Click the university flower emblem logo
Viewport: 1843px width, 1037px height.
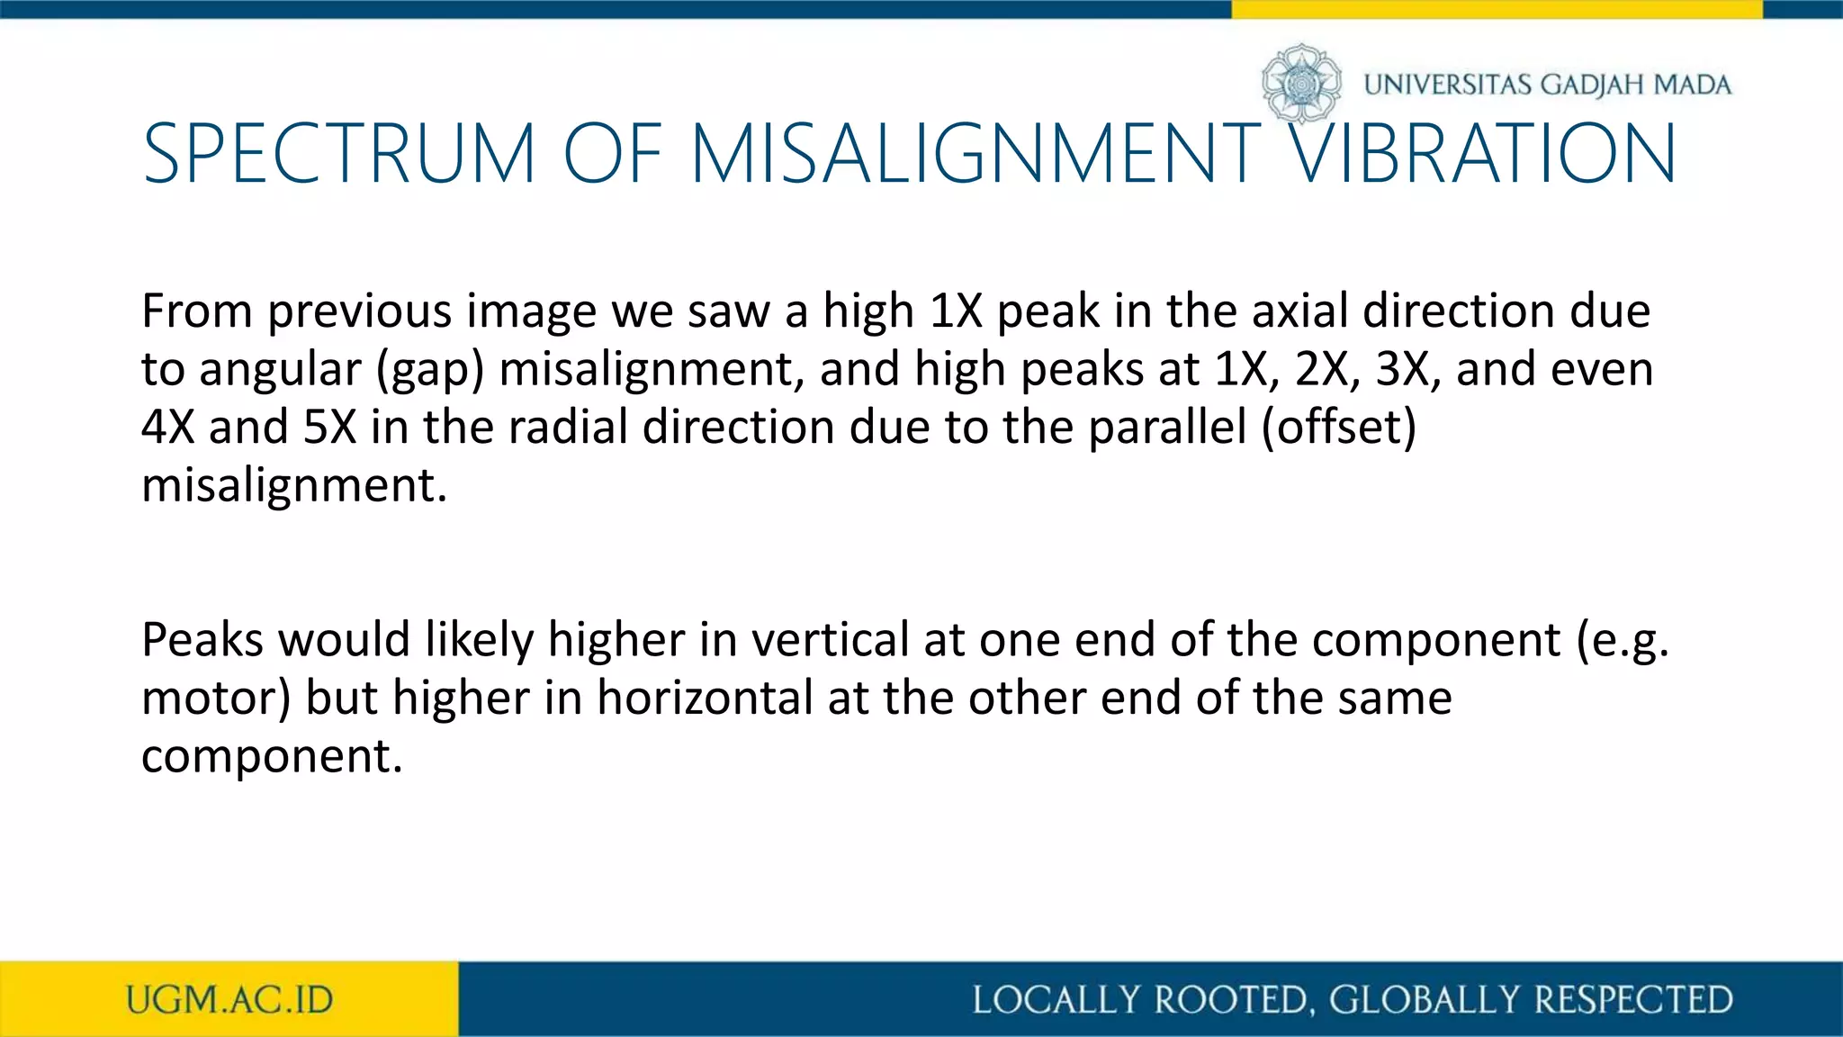(x=1301, y=84)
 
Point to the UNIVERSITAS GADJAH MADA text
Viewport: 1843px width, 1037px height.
(x=1547, y=85)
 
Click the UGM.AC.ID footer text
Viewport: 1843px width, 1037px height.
(x=229, y=1000)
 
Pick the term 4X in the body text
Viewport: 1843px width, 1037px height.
(x=168, y=427)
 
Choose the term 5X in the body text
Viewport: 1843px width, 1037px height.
(x=330, y=427)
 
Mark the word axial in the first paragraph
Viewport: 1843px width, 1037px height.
(x=1300, y=311)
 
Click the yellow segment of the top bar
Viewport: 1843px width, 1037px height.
(x=1496, y=9)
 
